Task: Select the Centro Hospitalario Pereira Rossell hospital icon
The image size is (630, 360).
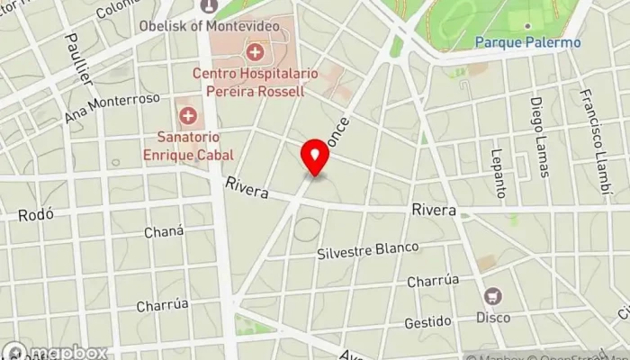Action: (256, 51)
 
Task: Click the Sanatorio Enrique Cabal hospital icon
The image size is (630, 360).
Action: (188, 115)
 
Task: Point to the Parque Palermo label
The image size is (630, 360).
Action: (527, 42)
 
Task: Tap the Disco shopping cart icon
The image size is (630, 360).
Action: (493, 296)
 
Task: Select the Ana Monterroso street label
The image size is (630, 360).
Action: (112, 108)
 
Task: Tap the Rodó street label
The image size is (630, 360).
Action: (36, 214)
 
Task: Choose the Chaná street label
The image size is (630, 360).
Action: (164, 232)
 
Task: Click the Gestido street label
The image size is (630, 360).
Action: (427, 321)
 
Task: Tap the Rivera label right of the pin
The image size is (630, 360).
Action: (434, 210)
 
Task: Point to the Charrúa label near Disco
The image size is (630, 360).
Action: (433, 281)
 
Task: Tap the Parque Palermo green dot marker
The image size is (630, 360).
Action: (527, 26)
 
